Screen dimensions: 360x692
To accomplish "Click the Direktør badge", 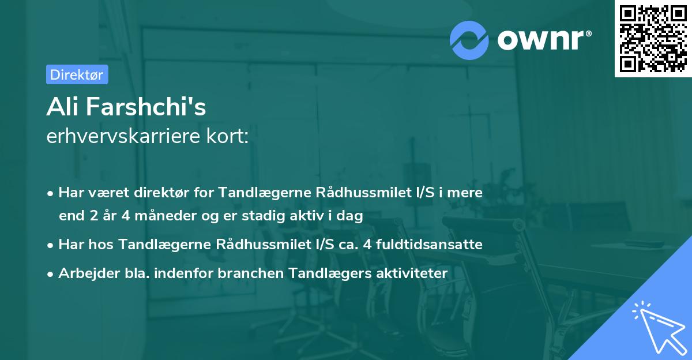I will (x=77, y=74).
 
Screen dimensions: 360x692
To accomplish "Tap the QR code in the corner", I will (x=653, y=39).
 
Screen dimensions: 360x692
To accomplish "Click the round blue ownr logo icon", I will (x=469, y=40).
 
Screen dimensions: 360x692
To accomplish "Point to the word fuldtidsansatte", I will (x=437, y=244).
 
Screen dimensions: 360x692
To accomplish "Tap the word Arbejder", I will (x=86, y=273).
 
